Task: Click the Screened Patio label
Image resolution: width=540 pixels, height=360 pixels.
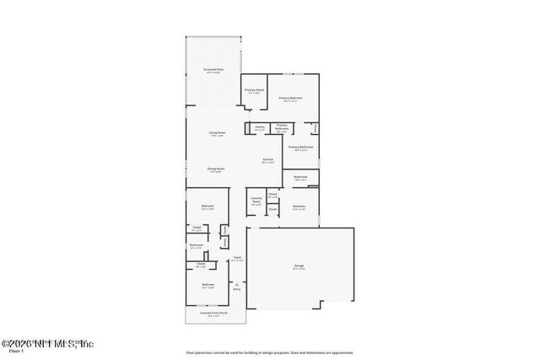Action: click(213, 70)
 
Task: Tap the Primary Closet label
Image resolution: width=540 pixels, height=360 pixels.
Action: click(254, 90)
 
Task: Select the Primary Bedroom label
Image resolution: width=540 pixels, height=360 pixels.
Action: click(290, 99)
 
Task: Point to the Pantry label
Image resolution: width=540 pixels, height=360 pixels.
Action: click(260, 128)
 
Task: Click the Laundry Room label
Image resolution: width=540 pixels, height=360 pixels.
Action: click(256, 201)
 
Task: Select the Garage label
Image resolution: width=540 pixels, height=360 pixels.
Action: click(299, 266)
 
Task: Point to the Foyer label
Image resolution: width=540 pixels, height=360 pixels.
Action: click(238, 258)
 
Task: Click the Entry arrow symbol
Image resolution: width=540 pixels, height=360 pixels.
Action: click(237, 285)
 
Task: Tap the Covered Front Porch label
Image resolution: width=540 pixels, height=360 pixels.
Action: click(212, 314)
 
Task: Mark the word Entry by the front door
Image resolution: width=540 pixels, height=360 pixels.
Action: click(237, 290)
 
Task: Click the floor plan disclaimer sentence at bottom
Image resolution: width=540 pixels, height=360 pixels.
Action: click(270, 353)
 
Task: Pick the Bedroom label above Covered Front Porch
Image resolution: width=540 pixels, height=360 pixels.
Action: click(208, 285)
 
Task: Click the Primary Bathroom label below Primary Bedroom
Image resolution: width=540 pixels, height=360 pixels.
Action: click(301, 148)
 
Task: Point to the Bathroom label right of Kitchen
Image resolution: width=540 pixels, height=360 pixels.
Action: click(300, 177)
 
